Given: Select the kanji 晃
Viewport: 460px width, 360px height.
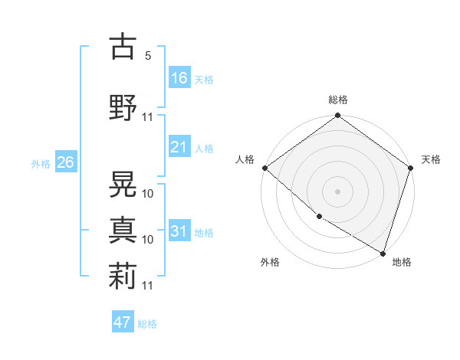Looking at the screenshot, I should [123, 182].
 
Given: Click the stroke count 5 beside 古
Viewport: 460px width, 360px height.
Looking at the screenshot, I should [148, 56].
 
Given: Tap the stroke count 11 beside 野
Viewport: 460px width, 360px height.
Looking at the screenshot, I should [148, 116].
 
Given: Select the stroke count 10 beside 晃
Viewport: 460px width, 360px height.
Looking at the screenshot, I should [148, 193].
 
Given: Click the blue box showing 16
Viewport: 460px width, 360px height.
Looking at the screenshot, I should [179, 78].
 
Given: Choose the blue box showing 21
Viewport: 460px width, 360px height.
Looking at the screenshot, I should [179, 147].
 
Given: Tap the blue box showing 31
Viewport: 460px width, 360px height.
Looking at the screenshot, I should [179, 231].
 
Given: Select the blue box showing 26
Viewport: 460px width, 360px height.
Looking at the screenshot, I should [65, 162].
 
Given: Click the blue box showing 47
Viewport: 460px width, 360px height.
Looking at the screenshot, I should [123, 322].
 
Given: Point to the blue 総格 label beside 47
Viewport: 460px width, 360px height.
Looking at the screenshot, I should [147, 324].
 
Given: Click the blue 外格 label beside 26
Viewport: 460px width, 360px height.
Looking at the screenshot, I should [41, 163].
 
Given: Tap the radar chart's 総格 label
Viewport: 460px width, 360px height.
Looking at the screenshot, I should [338, 100].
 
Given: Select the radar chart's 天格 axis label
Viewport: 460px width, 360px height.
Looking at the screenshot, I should [431, 159].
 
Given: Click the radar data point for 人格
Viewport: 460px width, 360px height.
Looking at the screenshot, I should [264, 168].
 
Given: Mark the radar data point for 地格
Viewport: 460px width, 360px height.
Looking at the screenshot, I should [383, 253].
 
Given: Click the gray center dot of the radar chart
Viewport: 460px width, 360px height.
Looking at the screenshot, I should [338, 191].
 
